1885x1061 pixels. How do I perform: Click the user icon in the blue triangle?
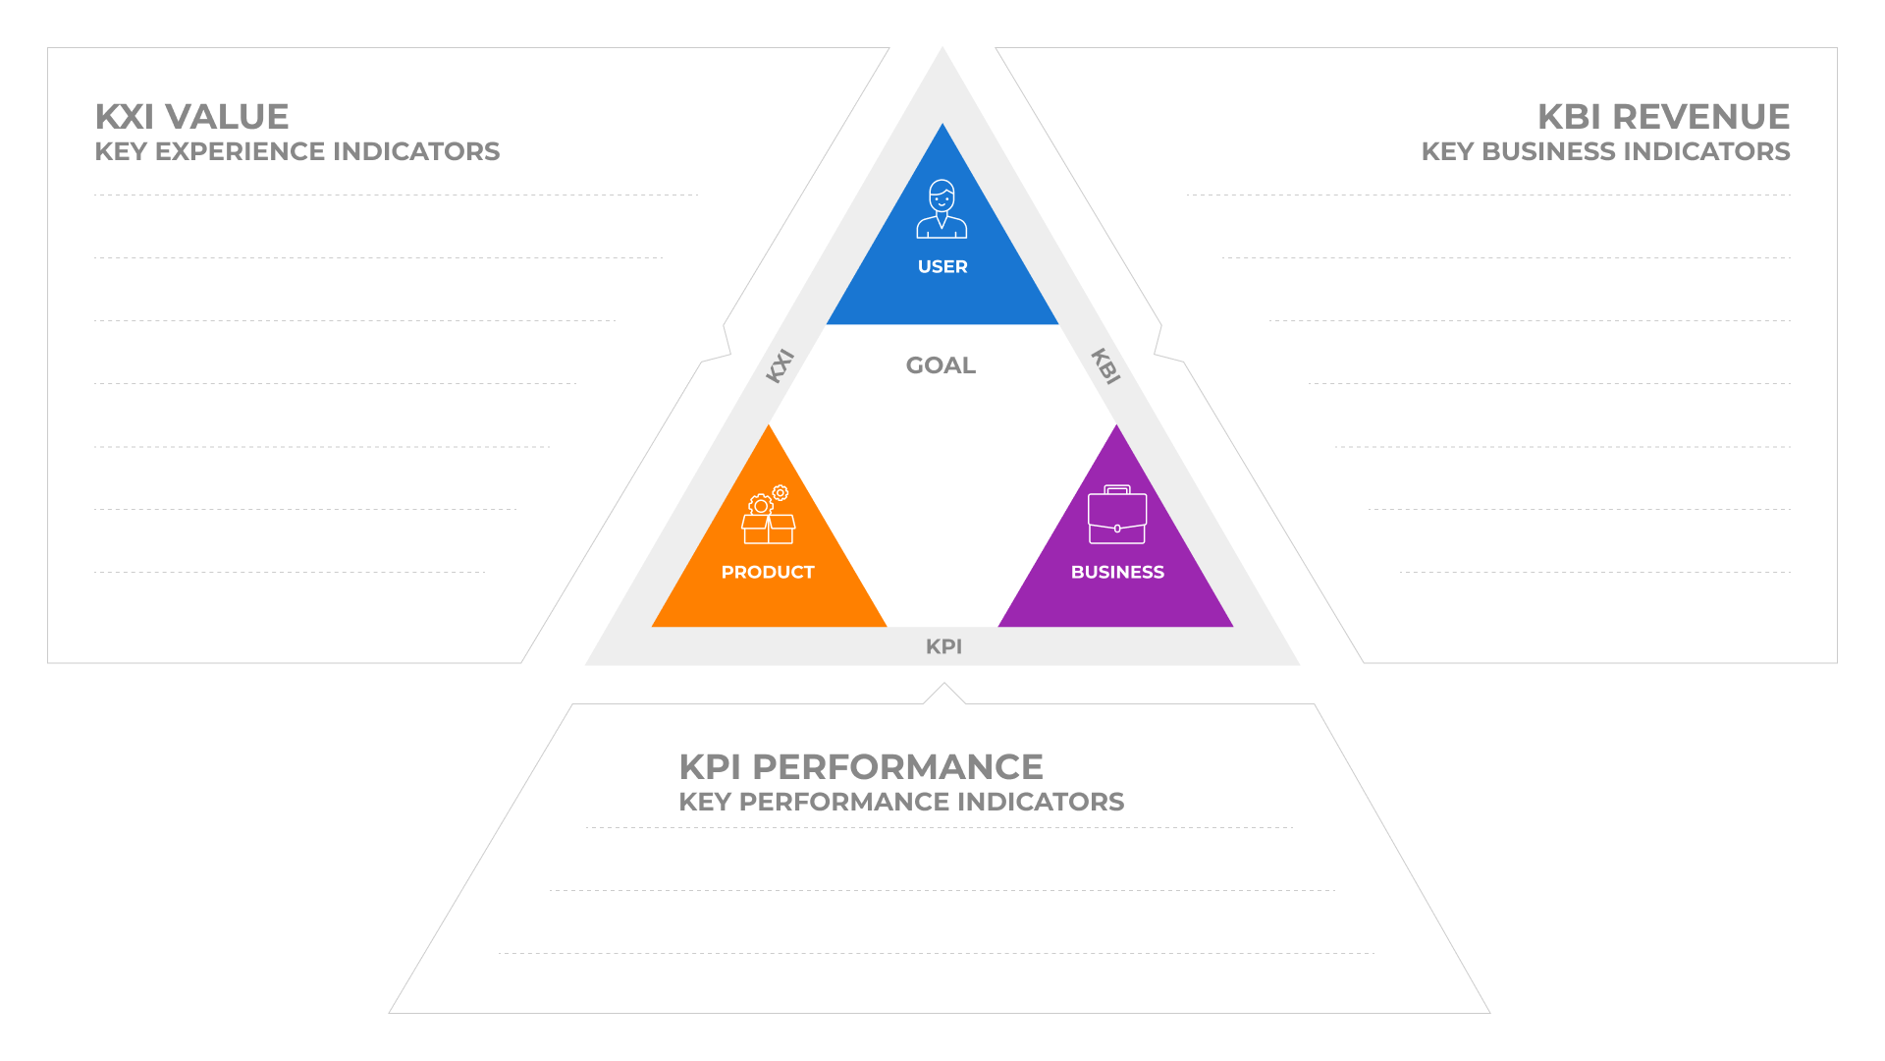pos(942,208)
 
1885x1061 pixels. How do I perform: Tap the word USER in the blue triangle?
pos(942,267)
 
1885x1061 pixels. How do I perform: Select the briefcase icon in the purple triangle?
pos(1117,515)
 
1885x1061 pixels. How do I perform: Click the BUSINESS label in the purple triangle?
pos(1117,573)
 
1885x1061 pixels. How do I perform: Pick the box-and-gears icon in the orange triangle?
pos(768,515)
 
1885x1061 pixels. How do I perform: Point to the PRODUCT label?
pos(768,573)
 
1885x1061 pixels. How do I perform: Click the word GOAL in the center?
pos(941,365)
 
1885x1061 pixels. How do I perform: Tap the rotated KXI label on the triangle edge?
pos(780,365)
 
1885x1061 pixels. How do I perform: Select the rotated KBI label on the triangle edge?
pos(1105,365)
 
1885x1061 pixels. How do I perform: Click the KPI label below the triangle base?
pos(943,646)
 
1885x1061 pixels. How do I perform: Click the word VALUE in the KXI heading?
pos(227,117)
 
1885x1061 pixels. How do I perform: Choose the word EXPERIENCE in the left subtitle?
pos(241,151)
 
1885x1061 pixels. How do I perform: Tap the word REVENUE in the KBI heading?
pos(1701,117)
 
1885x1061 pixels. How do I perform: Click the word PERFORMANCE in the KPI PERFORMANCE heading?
pos(898,767)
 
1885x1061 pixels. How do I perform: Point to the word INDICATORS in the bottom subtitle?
pos(1041,802)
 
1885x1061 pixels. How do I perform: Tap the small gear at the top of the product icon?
pos(781,492)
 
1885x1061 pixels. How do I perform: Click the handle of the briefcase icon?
pos(1117,488)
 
